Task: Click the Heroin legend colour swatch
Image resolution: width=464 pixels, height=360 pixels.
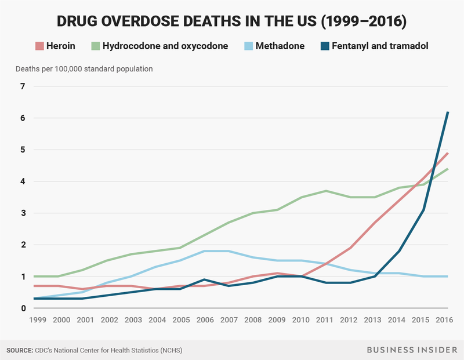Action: [39, 46]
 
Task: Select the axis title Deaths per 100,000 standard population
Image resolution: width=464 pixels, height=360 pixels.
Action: [85, 69]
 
